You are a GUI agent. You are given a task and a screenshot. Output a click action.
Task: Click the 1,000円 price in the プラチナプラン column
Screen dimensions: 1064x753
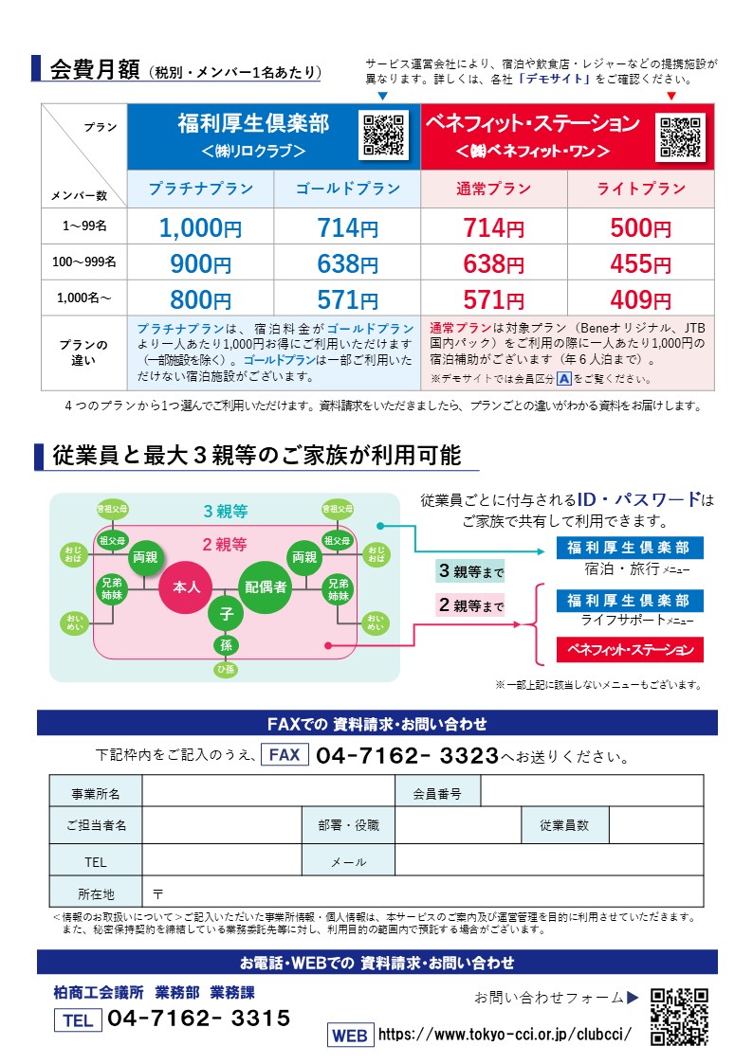tap(200, 228)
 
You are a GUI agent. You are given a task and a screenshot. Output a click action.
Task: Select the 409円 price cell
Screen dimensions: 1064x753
tap(640, 300)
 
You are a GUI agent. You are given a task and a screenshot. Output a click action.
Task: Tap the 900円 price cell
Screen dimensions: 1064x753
tap(200, 264)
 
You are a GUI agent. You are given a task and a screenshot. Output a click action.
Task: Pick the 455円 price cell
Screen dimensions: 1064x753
tap(640, 264)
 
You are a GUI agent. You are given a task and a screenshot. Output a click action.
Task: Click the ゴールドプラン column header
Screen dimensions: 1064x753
tap(347, 189)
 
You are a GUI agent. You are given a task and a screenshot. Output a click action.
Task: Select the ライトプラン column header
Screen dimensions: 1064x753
tap(640, 189)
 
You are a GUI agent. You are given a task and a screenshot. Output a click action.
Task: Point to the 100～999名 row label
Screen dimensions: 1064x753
tap(84, 261)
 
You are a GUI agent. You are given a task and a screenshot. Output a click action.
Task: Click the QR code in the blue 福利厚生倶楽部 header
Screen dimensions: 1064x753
tap(384, 135)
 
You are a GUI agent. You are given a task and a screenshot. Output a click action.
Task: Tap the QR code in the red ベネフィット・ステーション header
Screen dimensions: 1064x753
tap(680, 137)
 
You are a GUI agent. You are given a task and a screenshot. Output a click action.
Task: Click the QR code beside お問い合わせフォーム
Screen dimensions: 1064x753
tap(680, 1016)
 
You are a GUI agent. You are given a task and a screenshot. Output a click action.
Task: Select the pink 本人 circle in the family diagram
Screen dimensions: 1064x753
tap(186, 587)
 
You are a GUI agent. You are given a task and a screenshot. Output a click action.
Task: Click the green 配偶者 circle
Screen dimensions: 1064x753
tap(266, 587)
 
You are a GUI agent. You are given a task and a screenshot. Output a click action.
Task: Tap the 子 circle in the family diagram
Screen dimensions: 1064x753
tap(226, 614)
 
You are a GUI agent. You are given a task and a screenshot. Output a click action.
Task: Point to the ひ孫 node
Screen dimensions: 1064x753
tap(226, 671)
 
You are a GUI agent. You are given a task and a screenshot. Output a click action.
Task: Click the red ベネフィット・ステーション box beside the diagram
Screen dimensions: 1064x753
tap(630, 650)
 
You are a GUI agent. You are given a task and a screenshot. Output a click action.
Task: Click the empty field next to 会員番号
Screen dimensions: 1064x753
tap(592, 790)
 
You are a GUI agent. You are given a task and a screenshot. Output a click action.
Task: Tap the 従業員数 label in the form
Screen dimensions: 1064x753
tap(564, 825)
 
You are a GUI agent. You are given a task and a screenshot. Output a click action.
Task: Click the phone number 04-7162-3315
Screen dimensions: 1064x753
tap(199, 1019)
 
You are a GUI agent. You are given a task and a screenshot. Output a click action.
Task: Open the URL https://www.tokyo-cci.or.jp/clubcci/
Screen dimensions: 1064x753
tap(505, 1035)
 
